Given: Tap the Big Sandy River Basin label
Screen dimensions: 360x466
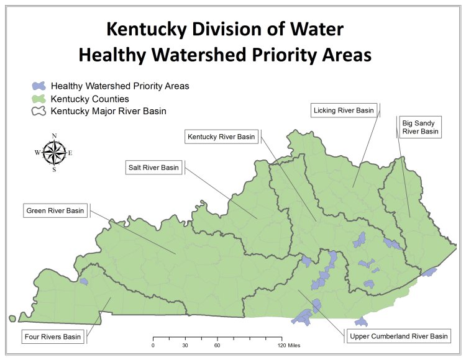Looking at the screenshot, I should pos(420,127).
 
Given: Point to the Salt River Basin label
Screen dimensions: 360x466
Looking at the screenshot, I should pos(153,168).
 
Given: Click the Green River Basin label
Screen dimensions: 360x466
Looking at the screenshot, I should pos(55,210).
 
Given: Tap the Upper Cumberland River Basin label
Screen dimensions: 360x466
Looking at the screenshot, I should pos(396,336).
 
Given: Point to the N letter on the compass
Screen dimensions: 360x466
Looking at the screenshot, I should pos(54,136).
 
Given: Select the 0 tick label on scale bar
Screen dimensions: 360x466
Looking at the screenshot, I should pos(153,345).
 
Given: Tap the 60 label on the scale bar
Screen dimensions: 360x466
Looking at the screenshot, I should pos(217,345).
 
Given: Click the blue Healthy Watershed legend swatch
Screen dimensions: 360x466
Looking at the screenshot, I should pos(39,86).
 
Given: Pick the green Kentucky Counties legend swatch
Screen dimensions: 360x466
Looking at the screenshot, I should pos(39,99).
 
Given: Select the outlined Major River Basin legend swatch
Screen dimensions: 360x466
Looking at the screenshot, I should pos(39,111).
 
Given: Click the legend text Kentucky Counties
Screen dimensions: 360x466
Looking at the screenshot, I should pos(89,99).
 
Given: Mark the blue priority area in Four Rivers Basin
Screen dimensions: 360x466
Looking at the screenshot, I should pos(83,281).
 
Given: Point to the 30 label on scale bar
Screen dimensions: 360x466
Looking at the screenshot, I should pos(185,345).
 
